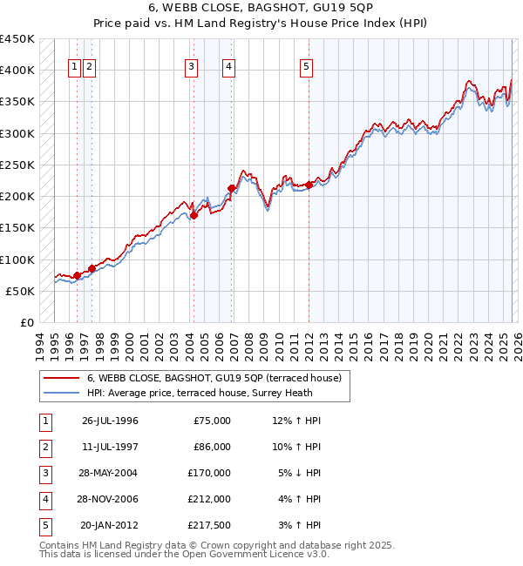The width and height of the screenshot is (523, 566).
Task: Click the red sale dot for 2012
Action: coord(309,185)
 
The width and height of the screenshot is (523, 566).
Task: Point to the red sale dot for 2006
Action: coord(231,188)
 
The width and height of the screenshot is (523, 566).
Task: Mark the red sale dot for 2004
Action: coord(194,215)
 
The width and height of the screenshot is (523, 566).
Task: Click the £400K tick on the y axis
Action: coord(17,71)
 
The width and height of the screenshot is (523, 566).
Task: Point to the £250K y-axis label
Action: coord(17,165)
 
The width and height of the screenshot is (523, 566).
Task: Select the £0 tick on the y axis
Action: coord(26,322)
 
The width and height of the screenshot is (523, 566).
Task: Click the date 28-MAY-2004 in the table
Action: coord(110,473)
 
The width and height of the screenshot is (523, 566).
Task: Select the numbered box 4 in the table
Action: coord(44,499)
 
